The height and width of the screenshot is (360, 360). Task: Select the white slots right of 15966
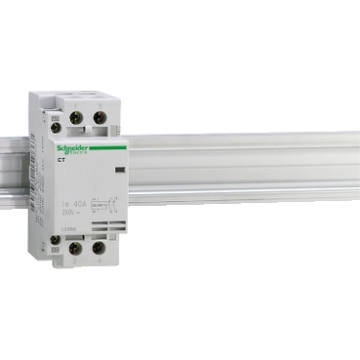coord(101,227)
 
